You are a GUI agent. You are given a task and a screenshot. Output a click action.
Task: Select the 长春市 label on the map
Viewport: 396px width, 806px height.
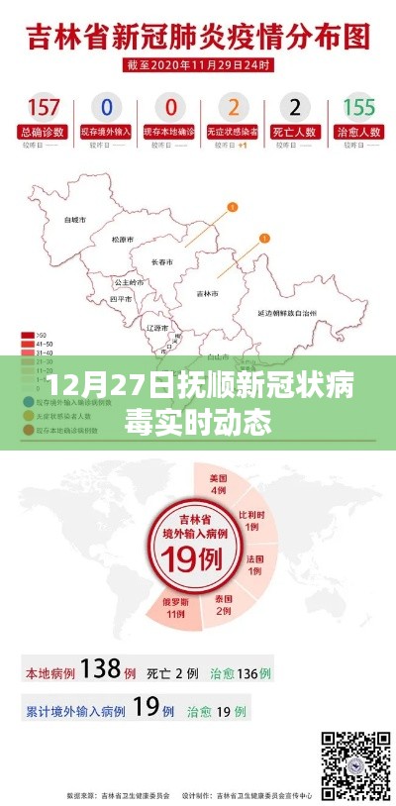pyautogui.click(x=161, y=262)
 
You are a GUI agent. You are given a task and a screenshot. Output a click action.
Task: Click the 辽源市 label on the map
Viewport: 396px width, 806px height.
pyautogui.click(x=156, y=327)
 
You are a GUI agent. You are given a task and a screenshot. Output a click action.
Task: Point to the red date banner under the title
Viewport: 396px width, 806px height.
pyautogui.click(x=198, y=65)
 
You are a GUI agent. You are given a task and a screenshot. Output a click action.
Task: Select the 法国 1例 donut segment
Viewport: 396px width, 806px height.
pyautogui.click(x=255, y=564)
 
